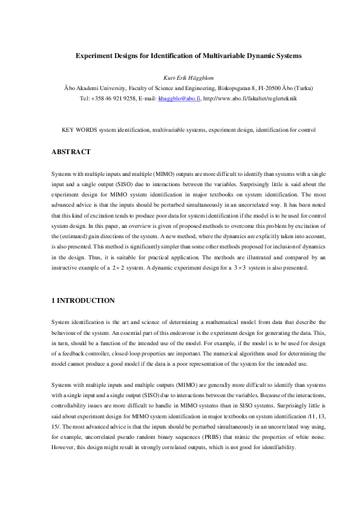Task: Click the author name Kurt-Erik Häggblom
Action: click(x=180, y=78)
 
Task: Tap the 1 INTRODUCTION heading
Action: click(x=81, y=300)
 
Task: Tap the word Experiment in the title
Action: click(x=94, y=55)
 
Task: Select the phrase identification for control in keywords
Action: click(x=285, y=130)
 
